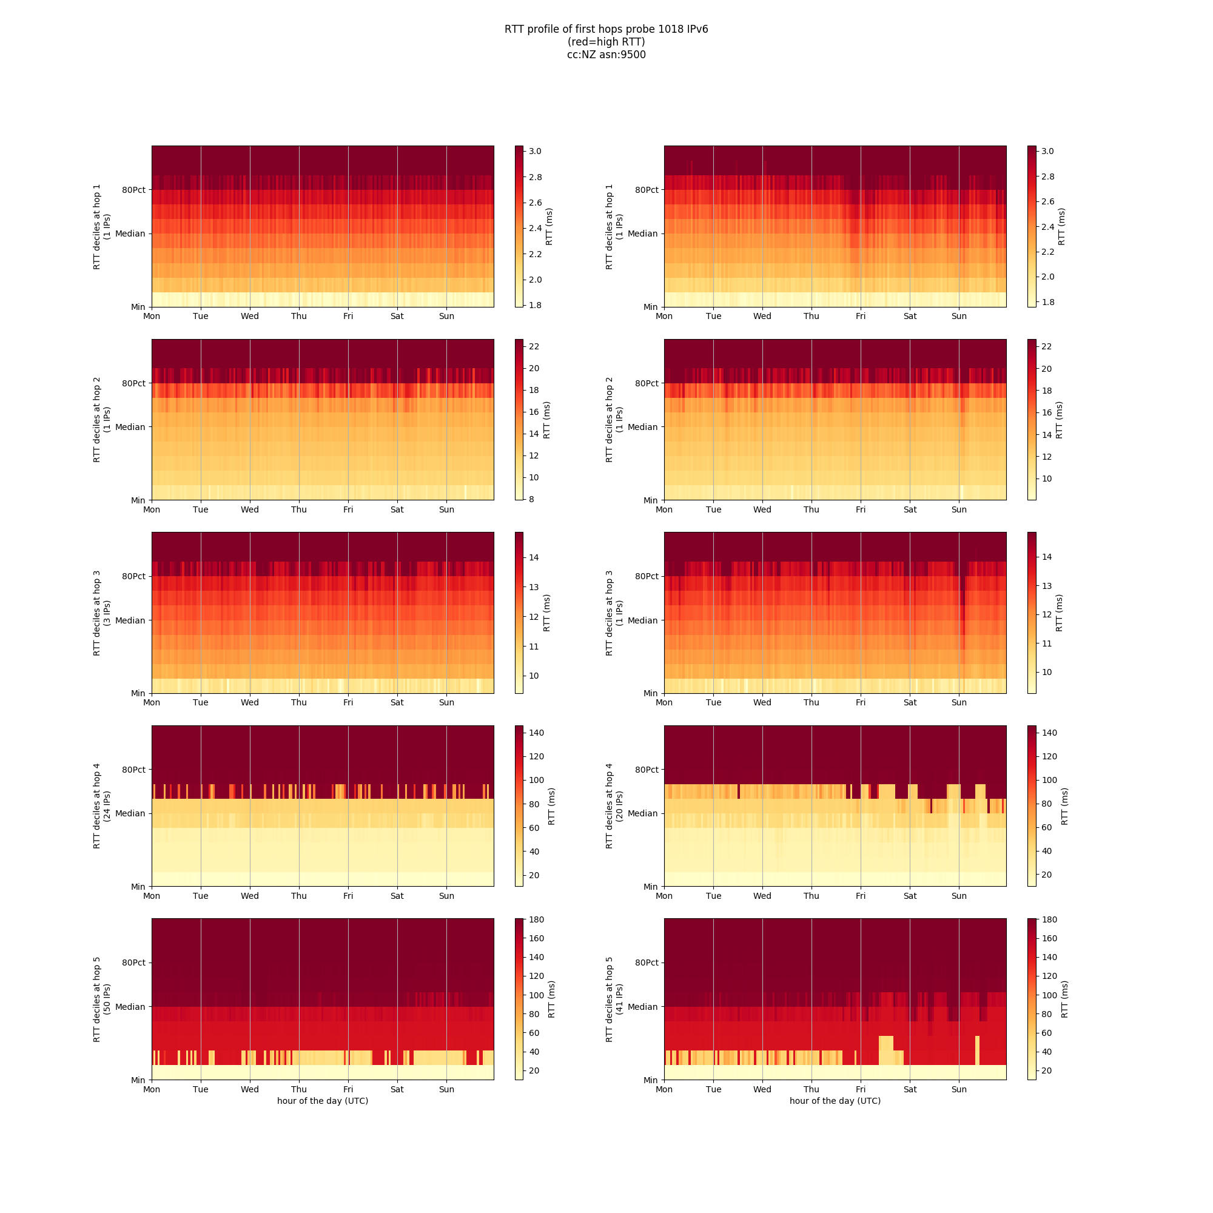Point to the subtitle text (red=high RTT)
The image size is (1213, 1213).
(606, 42)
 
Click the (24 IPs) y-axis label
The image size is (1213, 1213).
(107, 806)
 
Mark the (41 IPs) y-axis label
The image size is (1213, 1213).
(620, 1000)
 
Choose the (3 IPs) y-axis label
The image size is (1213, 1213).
(107, 613)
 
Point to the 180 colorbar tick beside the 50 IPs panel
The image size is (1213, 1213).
(536, 920)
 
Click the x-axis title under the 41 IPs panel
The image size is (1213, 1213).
(835, 1101)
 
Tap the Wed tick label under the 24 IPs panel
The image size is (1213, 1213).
(250, 896)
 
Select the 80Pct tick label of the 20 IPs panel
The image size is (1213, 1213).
(647, 770)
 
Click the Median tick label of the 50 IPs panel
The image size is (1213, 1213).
(130, 1006)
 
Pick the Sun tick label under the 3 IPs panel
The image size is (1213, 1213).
(446, 702)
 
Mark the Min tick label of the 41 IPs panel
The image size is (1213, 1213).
(650, 1080)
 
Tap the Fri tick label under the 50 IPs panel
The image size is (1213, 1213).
(349, 1089)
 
